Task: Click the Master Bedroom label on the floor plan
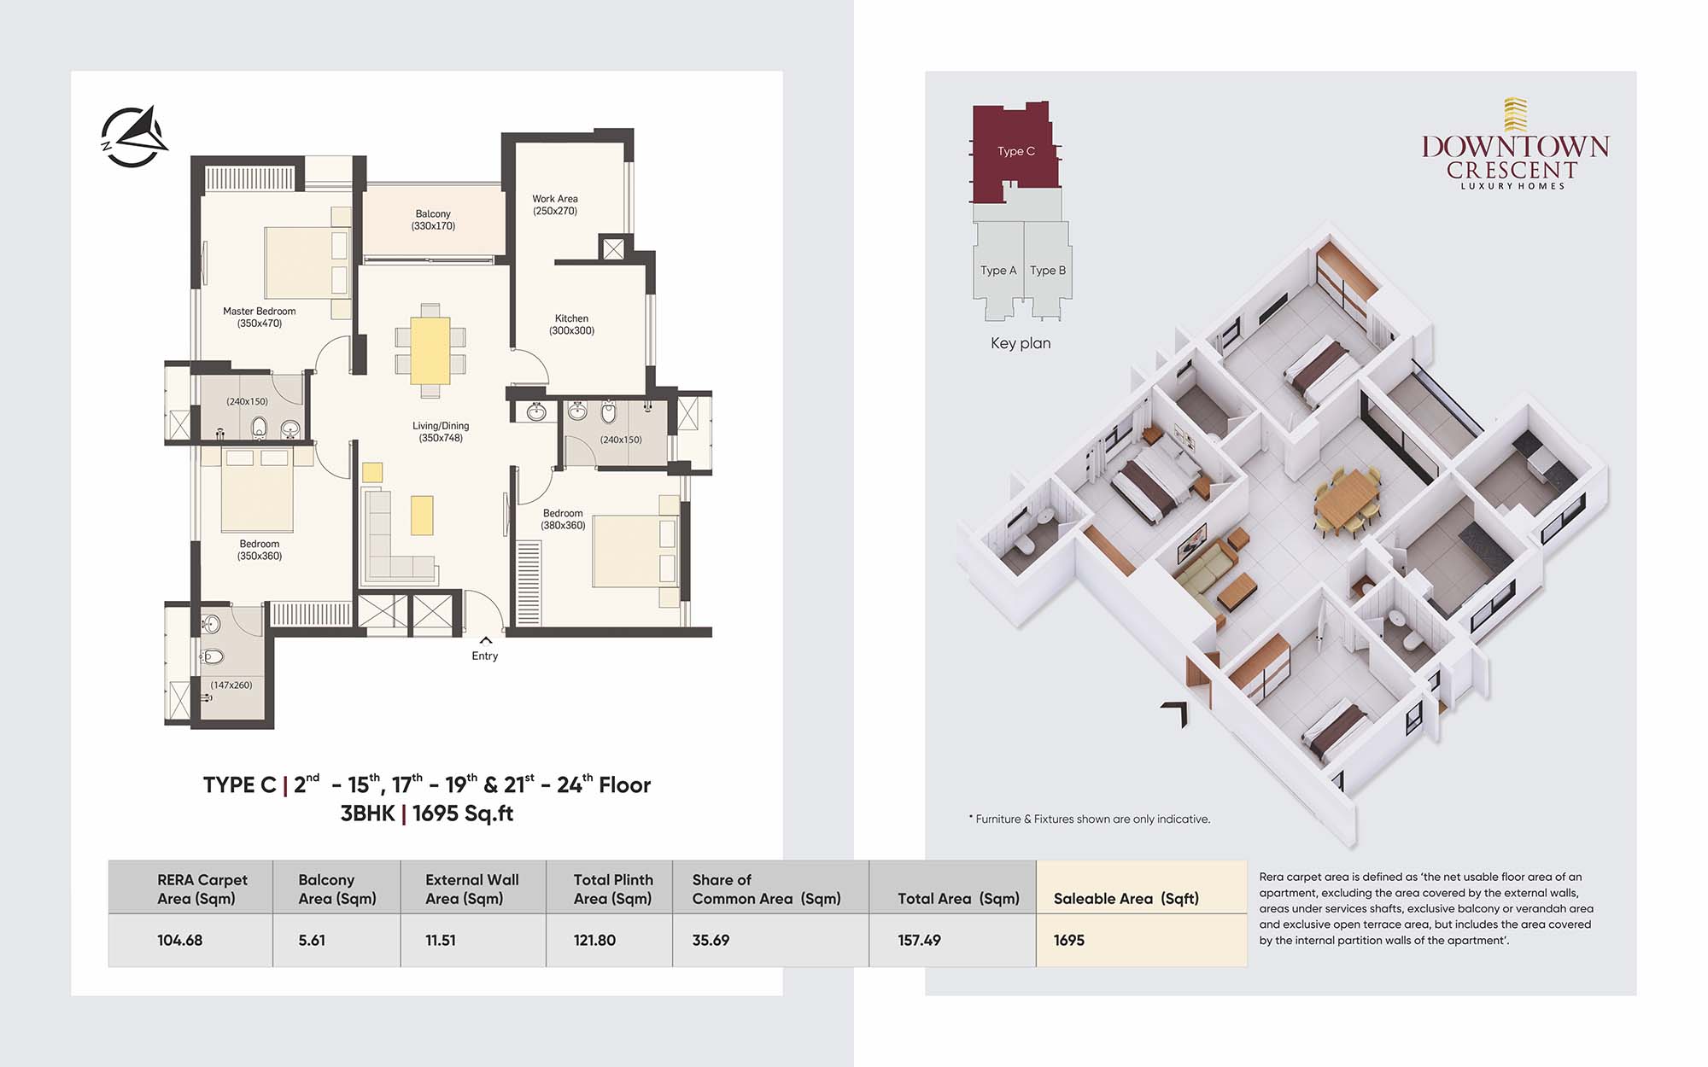[x=260, y=318]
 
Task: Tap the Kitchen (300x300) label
[x=571, y=324]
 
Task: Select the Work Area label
[x=555, y=205]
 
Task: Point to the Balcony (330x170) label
[x=433, y=220]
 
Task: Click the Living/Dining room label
[x=441, y=432]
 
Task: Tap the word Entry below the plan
[x=484, y=656]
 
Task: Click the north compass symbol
[x=134, y=137]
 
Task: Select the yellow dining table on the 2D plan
[x=430, y=350]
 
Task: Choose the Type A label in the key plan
[x=998, y=271]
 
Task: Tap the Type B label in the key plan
[x=1048, y=271]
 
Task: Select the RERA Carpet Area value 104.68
[x=179, y=940]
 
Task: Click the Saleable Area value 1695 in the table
[x=1068, y=940]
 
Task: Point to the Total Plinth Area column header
[x=613, y=889]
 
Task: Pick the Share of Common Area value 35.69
[x=711, y=940]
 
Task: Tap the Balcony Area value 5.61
[x=312, y=940]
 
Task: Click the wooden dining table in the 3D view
[x=1347, y=499]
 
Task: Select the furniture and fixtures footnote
[x=1089, y=819]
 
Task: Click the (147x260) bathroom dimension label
[x=231, y=685]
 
